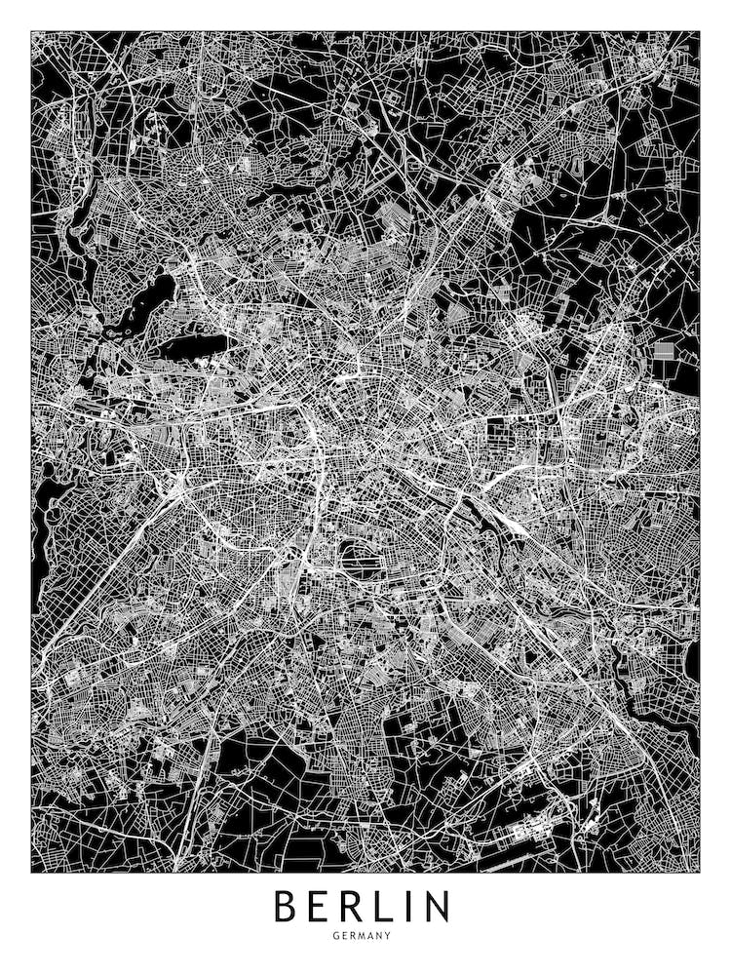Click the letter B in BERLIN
click(287, 906)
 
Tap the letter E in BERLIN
click(322, 906)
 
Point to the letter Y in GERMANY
click(388, 936)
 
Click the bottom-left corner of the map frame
click(31, 871)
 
